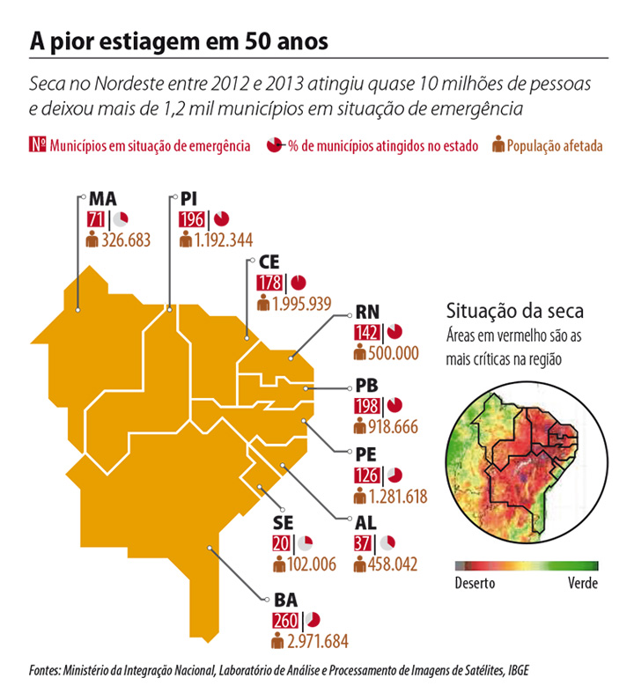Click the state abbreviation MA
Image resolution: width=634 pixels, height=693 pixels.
click(103, 199)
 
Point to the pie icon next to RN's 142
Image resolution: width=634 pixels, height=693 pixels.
click(394, 332)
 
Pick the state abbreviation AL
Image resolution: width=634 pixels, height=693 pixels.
click(365, 523)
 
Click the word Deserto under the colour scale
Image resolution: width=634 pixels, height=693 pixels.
click(475, 583)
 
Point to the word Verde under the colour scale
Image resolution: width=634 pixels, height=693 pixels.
click(582, 583)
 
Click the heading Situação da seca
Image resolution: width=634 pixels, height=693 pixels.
click(515, 311)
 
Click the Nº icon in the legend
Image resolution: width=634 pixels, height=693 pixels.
click(37, 144)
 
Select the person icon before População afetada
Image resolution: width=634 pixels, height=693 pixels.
click(498, 144)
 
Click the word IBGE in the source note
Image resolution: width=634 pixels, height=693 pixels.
click(517, 671)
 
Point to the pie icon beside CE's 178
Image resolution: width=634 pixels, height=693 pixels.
click(299, 283)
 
